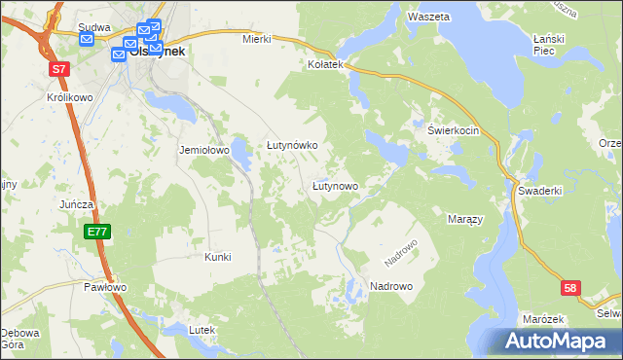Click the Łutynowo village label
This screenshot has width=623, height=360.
(x=335, y=185)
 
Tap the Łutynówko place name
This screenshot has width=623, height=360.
(x=293, y=145)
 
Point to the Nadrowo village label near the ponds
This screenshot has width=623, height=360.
(x=391, y=286)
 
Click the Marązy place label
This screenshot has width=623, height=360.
(x=465, y=220)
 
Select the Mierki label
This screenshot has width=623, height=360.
(x=255, y=40)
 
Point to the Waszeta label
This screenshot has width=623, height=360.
(x=428, y=18)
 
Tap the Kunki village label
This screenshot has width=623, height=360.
(x=217, y=257)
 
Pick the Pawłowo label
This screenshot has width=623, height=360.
(x=104, y=287)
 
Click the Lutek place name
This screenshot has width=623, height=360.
(x=202, y=330)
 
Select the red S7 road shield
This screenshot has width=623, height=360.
(x=60, y=69)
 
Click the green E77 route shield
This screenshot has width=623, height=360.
(x=96, y=232)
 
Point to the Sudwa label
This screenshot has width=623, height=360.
(x=94, y=28)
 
